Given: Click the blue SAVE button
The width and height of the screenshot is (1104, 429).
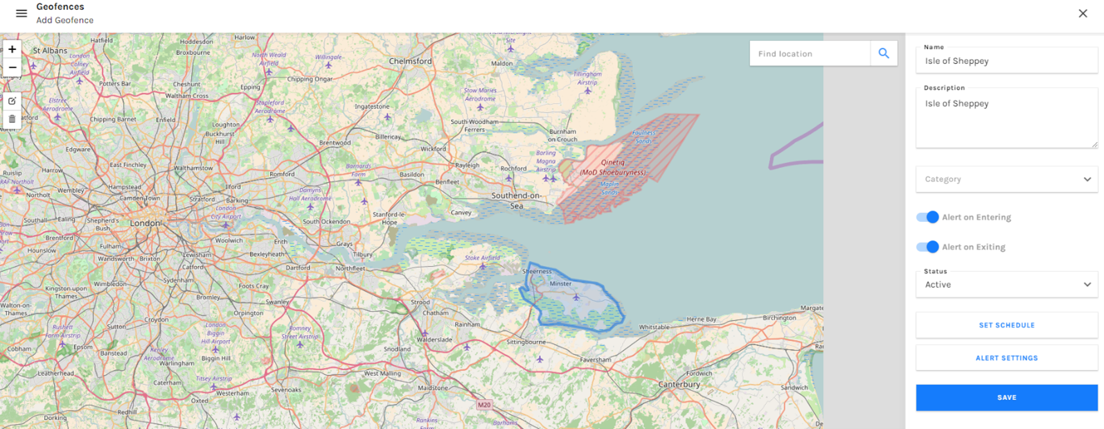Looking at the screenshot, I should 1006,398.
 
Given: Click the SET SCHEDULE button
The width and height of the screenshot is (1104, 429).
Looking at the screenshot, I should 1006,325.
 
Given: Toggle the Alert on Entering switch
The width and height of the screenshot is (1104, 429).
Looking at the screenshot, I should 927,217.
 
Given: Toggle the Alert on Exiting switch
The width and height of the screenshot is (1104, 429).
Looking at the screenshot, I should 927,247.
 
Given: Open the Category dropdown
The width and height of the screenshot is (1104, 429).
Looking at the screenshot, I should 1006,179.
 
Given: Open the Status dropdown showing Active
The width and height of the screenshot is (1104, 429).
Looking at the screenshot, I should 1006,284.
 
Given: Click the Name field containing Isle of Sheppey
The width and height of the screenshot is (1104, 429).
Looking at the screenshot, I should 1006,61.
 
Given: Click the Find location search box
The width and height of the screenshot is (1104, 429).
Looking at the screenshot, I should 809,53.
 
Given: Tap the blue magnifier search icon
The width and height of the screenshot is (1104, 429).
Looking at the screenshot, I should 884,53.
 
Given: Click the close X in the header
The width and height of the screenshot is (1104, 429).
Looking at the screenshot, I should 1083,13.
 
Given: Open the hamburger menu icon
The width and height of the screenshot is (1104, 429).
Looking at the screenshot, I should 21,13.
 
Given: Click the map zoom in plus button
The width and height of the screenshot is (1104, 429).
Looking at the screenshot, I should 12,49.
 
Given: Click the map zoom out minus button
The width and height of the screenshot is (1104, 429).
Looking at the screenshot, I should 12,67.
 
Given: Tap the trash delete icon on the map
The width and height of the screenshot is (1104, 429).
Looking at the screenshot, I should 12,119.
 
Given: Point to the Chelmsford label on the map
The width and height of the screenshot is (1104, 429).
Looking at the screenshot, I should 410,61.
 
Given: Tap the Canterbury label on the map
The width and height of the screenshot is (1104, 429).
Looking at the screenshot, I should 679,384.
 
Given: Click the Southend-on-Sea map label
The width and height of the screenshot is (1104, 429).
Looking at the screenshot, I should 517,200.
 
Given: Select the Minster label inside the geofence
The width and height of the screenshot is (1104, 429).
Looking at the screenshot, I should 560,283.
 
